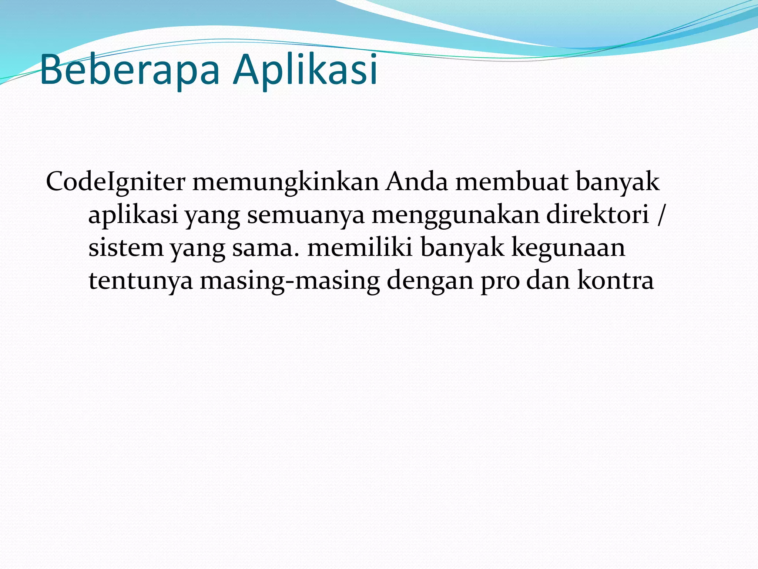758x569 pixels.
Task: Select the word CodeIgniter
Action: (x=115, y=183)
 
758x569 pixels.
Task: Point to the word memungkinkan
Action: (x=285, y=183)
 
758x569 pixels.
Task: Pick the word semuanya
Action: (x=305, y=215)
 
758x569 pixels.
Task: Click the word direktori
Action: (x=597, y=214)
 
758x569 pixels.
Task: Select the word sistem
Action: (x=126, y=248)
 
